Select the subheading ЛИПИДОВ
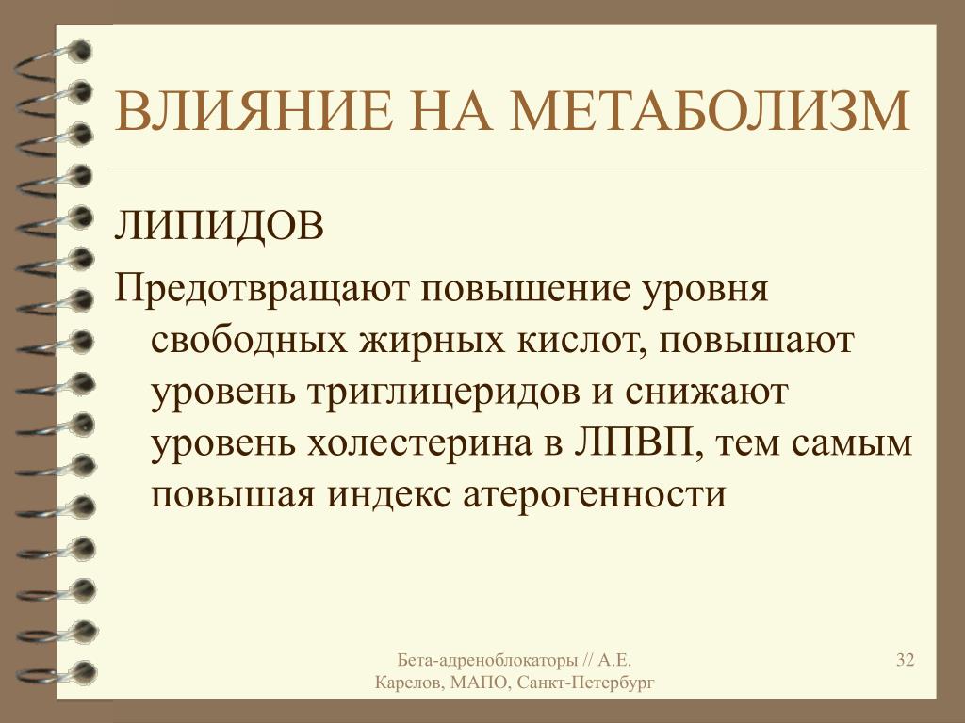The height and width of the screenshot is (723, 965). [x=219, y=225]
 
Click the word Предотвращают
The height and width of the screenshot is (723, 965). [x=262, y=289]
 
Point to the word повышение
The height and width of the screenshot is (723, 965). [x=526, y=289]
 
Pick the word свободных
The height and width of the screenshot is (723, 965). [x=249, y=339]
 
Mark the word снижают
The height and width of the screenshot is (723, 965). [x=707, y=393]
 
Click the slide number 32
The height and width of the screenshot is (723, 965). [x=905, y=660]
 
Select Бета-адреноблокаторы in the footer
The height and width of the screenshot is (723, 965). [x=487, y=660]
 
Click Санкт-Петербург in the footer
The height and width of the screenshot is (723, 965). [x=586, y=683]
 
